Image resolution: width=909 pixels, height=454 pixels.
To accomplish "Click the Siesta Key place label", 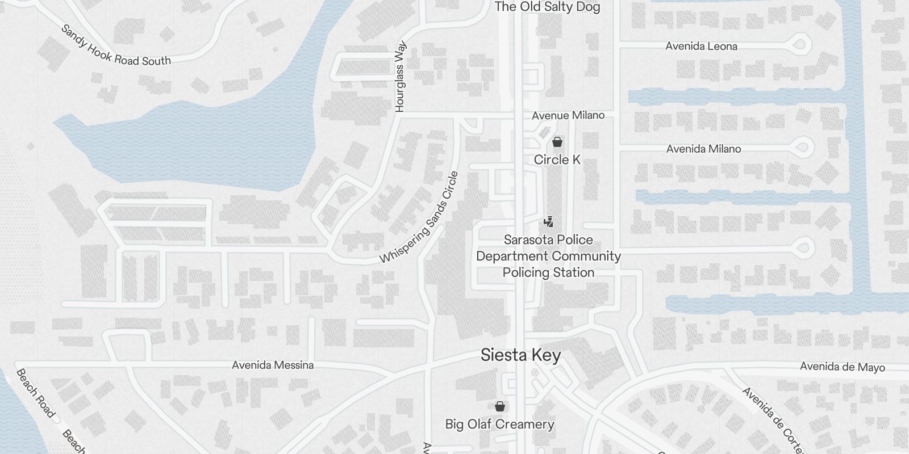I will point(520,355).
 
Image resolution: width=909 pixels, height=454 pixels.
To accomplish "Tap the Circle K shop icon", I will point(557,142).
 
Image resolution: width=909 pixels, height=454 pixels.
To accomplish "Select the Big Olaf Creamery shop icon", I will point(500,406).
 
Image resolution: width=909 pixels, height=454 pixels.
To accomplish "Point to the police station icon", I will point(548,222).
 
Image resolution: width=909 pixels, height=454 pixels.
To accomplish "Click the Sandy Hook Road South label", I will point(116,46).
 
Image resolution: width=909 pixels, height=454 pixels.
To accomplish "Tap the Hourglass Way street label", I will point(400,75).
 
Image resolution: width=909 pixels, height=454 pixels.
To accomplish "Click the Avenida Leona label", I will point(701,47).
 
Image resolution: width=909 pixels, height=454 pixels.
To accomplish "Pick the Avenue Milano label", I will point(568,116).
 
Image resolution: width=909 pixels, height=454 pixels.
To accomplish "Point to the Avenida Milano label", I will point(703,149).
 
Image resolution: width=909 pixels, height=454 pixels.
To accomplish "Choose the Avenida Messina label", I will point(273,365).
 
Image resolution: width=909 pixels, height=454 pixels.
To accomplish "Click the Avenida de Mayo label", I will point(842,367).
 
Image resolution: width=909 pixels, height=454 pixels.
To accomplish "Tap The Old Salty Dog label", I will point(547,7).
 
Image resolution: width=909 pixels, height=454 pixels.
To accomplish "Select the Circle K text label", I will point(557,160).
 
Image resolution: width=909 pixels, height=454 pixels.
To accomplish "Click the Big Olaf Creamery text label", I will point(499,424).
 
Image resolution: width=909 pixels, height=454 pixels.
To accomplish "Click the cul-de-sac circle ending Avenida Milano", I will point(802,148).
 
